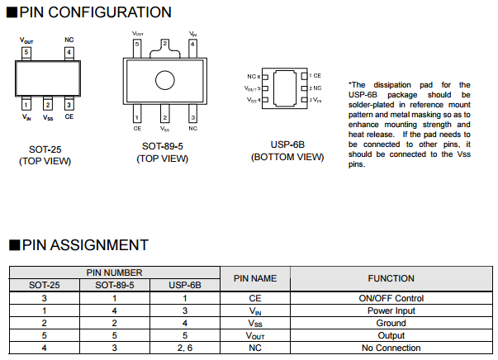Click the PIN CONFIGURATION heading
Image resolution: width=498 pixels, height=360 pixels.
coord(95,12)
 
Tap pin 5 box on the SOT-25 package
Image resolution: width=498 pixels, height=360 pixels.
coord(26,52)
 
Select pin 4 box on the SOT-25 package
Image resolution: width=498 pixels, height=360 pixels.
coord(69,52)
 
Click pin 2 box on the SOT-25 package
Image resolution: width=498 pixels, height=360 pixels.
coord(48,104)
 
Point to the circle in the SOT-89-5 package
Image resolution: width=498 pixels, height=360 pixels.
coord(164,79)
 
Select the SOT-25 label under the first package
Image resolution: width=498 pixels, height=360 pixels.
coord(45,150)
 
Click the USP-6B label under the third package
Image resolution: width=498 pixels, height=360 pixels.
coord(287,144)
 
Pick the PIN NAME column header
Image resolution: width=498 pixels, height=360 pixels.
coord(254,278)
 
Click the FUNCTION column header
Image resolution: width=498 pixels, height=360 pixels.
coord(391,278)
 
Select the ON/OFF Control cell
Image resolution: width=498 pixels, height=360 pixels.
coord(391,298)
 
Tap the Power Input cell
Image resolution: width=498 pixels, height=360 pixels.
coord(391,310)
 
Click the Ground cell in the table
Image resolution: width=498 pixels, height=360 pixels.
coord(391,323)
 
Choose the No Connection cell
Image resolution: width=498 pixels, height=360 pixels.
coord(391,348)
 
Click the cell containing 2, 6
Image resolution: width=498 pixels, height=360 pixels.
coord(184,348)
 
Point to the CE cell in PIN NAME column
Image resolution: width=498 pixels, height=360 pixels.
coord(254,298)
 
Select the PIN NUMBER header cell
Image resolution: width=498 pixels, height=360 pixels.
coord(115,272)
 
